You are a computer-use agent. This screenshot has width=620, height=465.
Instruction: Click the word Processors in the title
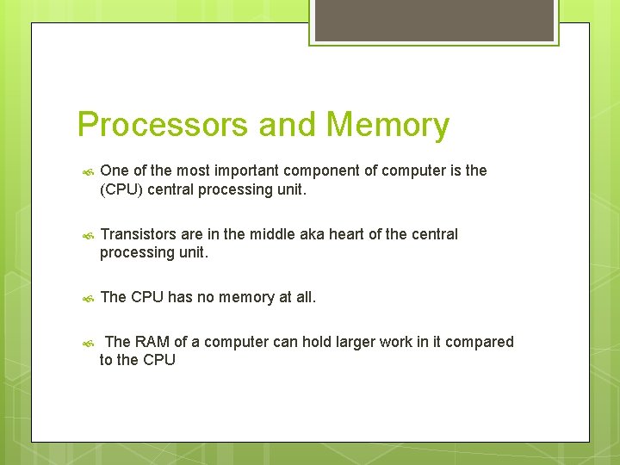coord(164,125)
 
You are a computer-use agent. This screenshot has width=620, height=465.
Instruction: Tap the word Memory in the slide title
coord(387,125)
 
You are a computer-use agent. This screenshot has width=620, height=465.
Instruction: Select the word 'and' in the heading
coord(288,125)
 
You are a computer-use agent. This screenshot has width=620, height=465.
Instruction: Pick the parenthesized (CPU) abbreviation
coord(121,189)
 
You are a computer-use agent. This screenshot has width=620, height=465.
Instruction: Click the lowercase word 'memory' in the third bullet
coord(247,298)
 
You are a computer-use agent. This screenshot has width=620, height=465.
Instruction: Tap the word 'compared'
coord(480,342)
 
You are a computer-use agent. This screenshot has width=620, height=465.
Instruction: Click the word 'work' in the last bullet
coord(393,342)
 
